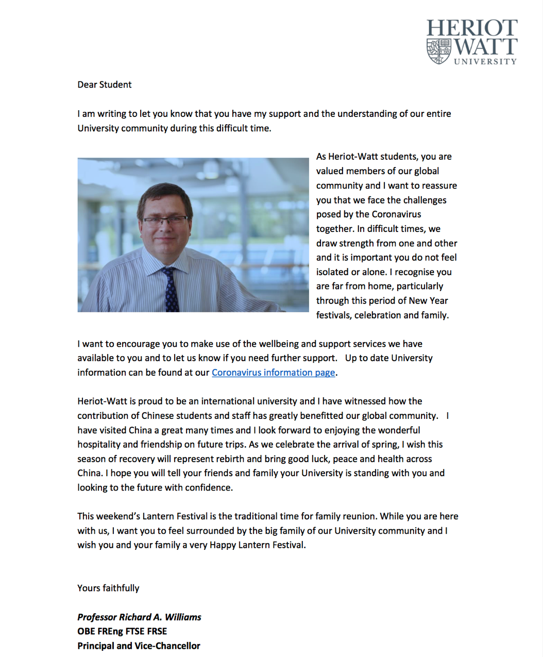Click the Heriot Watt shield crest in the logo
(x=439, y=51)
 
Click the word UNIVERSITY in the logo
(x=485, y=61)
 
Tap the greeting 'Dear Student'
(x=105, y=85)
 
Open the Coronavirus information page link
(x=273, y=373)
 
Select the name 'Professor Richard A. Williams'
(x=139, y=617)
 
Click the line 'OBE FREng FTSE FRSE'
(x=122, y=631)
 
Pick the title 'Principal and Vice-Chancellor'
(x=139, y=646)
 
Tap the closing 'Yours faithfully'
(x=108, y=588)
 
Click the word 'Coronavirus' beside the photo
(x=396, y=214)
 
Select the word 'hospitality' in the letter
(x=99, y=444)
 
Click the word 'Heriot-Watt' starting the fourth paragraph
(x=102, y=401)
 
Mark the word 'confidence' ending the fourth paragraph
(x=210, y=487)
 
